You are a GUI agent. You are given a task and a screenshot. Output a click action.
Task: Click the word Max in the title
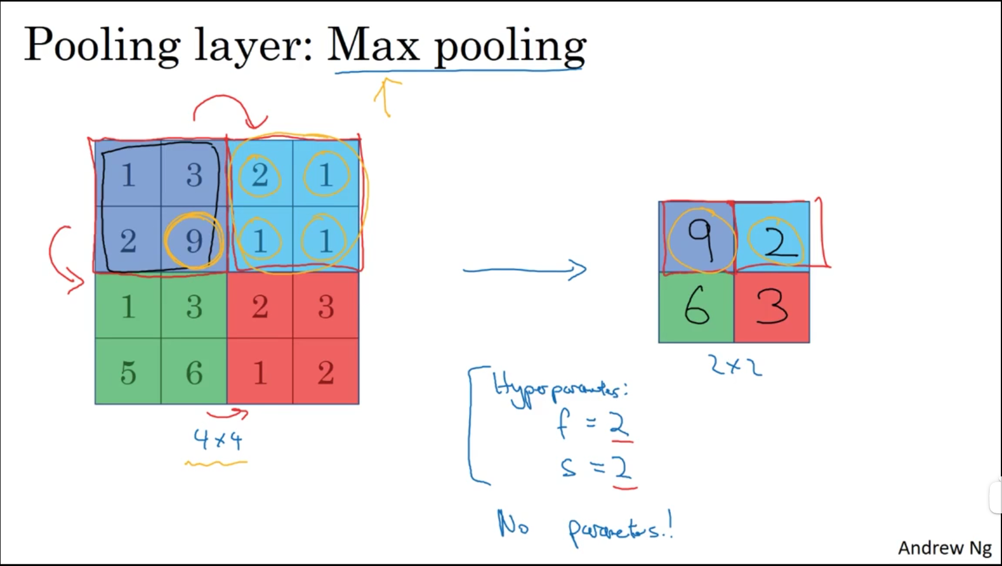(x=373, y=45)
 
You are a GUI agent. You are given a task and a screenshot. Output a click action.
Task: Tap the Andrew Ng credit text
(x=944, y=547)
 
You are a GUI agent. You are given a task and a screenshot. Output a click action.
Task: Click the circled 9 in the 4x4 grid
(x=194, y=240)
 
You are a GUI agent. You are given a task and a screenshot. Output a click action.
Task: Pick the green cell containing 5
(x=128, y=372)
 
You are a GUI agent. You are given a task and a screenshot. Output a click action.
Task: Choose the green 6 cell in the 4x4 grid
(x=194, y=372)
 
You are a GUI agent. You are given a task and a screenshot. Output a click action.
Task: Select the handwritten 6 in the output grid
(x=696, y=307)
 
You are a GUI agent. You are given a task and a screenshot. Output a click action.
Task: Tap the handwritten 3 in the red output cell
(x=772, y=307)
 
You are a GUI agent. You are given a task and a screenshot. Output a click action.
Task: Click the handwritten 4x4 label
(x=218, y=440)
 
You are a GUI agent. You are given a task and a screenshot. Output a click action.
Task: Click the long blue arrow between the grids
(x=524, y=270)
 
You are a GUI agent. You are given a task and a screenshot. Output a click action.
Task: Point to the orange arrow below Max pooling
(x=386, y=96)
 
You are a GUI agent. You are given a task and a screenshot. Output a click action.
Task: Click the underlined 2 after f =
(x=619, y=425)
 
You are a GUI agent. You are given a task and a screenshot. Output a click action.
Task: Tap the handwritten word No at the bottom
(x=513, y=524)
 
